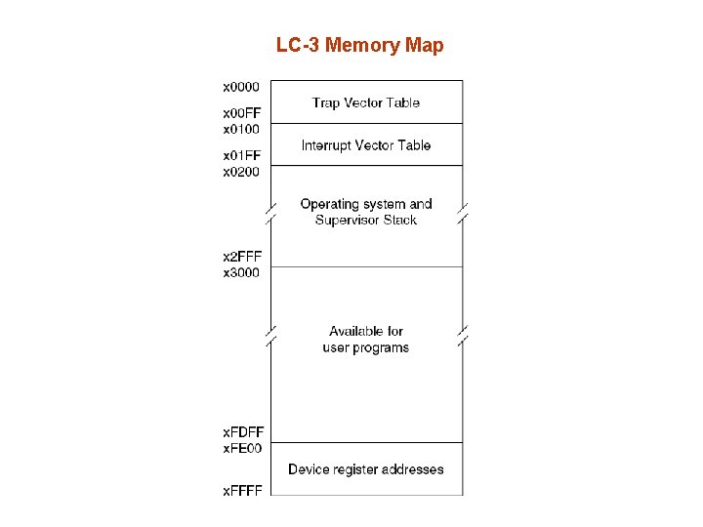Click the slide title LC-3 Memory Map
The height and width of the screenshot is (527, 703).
point(359,45)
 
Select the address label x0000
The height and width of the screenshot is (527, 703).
point(241,87)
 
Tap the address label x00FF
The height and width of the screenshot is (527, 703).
point(241,114)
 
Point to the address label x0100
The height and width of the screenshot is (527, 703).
point(241,129)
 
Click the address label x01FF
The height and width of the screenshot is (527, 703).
point(241,156)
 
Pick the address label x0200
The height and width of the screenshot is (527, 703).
point(241,172)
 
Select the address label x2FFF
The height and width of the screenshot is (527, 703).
point(241,257)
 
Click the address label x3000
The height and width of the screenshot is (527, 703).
point(241,272)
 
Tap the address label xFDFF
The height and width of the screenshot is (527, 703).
point(243,432)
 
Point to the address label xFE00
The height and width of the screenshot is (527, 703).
point(242,448)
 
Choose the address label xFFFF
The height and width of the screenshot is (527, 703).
point(242,490)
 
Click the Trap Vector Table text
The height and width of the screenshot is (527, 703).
point(365,102)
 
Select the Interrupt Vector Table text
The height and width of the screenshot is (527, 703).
point(365,145)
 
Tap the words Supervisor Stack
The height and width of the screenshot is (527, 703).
point(366,221)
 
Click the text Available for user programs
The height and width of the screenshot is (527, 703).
point(365,340)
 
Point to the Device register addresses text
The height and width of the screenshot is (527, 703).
point(365,469)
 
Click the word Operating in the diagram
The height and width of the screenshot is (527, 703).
point(330,204)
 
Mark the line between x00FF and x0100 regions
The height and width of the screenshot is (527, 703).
point(366,123)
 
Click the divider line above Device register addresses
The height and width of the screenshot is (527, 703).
point(366,443)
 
